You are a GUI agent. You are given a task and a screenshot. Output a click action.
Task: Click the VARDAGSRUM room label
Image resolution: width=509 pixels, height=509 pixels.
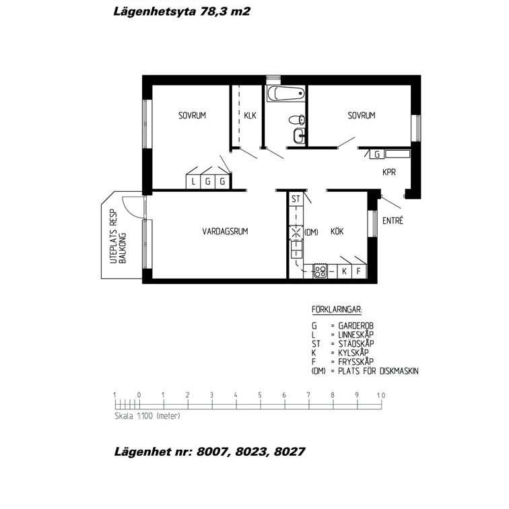[226, 232]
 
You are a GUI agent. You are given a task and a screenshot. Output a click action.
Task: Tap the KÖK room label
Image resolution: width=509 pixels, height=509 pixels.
[337, 232]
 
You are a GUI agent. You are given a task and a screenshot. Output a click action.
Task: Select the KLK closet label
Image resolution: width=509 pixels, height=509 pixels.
[250, 116]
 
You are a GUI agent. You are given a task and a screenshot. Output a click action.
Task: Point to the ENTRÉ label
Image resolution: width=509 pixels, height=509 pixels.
[393, 220]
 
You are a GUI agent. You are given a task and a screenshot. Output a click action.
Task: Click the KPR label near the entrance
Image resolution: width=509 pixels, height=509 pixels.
[388, 172]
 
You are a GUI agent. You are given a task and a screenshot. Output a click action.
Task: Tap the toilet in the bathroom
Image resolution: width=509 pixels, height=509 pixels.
[297, 120]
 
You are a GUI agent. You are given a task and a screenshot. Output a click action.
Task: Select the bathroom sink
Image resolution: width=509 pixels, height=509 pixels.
[298, 137]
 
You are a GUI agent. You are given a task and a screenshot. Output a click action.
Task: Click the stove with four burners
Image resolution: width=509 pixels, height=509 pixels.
[320, 271]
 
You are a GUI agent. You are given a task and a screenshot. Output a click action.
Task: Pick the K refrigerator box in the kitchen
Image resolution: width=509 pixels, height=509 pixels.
[344, 271]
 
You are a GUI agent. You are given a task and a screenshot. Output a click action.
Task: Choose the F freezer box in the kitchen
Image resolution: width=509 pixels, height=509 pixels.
[359, 271]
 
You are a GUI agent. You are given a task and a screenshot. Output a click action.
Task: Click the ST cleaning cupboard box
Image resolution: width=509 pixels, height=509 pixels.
[295, 199]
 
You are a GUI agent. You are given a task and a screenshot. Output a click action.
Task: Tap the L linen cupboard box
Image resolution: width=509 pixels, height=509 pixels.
[193, 181]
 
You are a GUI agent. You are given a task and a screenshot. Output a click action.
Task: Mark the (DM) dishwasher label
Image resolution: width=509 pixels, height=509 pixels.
[311, 232]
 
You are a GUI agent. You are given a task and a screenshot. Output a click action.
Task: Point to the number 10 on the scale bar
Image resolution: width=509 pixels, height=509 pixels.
[380, 395]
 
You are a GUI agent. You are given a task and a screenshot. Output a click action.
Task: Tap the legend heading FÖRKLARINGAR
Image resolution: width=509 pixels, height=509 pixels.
[337, 310]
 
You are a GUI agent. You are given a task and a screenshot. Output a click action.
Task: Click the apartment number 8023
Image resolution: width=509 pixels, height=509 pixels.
[250, 452]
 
